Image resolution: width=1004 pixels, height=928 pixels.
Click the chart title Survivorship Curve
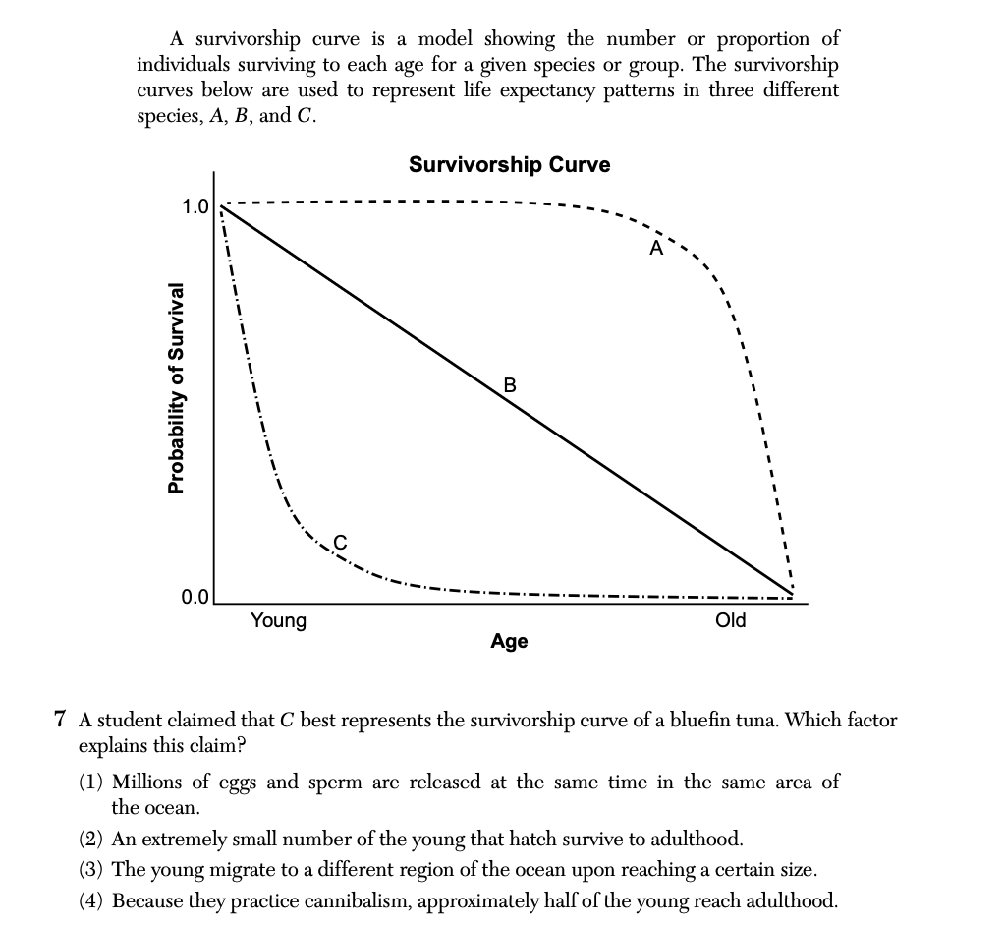[x=509, y=165]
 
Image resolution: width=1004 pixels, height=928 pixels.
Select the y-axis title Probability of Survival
[x=176, y=387]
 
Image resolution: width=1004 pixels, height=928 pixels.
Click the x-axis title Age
[x=509, y=642]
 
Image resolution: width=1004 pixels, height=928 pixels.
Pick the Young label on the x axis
[x=278, y=620]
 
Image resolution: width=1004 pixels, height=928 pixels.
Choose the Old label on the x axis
[x=731, y=620]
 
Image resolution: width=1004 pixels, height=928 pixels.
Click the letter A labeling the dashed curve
[x=655, y=249]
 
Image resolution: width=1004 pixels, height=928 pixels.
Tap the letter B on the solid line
[x=509, y=384]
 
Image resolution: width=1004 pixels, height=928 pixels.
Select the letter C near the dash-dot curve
[x=341, y=540]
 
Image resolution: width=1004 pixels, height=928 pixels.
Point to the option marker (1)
[x=92, y=783]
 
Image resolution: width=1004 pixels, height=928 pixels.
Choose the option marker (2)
[x=92, y=840]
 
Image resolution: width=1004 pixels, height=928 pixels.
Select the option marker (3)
[x=92, y=870]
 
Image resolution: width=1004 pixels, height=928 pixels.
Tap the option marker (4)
[x=92, y=900]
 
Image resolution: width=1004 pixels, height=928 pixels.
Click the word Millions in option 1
[x=148, y=783]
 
